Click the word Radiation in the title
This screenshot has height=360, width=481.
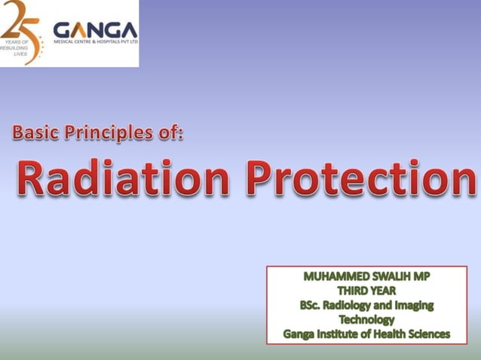(x=123, y=178)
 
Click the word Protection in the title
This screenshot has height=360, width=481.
(x=361, y=178)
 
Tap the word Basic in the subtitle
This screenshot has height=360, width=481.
(x=35, y=133)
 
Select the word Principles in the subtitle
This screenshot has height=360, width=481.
(x=109, y=133)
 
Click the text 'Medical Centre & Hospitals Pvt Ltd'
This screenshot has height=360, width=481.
(x=96, y=41)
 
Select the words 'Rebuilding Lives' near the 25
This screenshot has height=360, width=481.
(x=15, y=51)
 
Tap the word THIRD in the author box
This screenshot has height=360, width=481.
(x=351, y=291)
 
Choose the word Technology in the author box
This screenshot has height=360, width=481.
(x=367, y=320)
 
